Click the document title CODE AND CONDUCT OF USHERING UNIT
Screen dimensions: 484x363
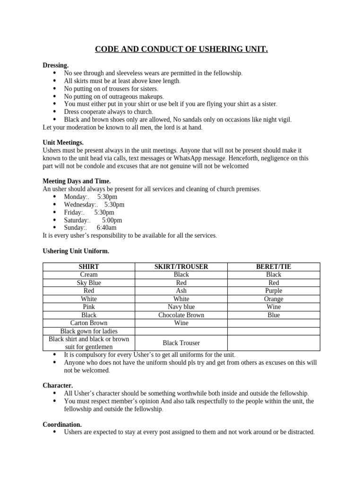pyautogui.click(x=181, y=50)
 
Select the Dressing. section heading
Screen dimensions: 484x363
pyautogui.click(x=55, y=65)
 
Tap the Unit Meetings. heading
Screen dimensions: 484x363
pyautogui.click(x=63, y=142)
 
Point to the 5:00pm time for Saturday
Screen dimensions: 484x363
pyautogui.click(x=112, y=220)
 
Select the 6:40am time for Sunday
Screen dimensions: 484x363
pyautogui.click(x=106, y=228)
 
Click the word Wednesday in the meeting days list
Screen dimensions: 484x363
pyautogui.click(x=79, y=205)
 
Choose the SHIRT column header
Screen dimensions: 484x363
pyautogui.click(x=89, y=267)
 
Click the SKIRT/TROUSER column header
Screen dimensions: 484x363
pyautogui.click(x=181, y=267)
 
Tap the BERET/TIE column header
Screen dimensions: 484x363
pyautogui.click(x=274, y=267)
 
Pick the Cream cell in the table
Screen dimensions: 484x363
pyautogui.click(x=89, y=275)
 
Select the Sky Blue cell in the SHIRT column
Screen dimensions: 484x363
pyautogui.click(x=89, y=283)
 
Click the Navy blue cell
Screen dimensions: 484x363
pyautogui.click(x=181, y=307)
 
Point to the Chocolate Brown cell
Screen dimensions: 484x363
pyautogui.click(x=181, y=315)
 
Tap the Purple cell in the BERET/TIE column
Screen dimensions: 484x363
pyautogui.click(x=274, y=291)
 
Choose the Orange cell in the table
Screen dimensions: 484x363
pyautogui.click(x=274, y=299)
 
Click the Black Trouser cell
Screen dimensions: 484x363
pyautogui.click(x=181, y=343)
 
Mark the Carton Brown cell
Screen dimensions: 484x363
pyautogui.click(x=89, y=323)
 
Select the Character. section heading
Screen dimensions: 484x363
pyautogui.click(x=58, y=386)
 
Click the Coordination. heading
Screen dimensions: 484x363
pyautogui.click(x=62, y=424)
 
